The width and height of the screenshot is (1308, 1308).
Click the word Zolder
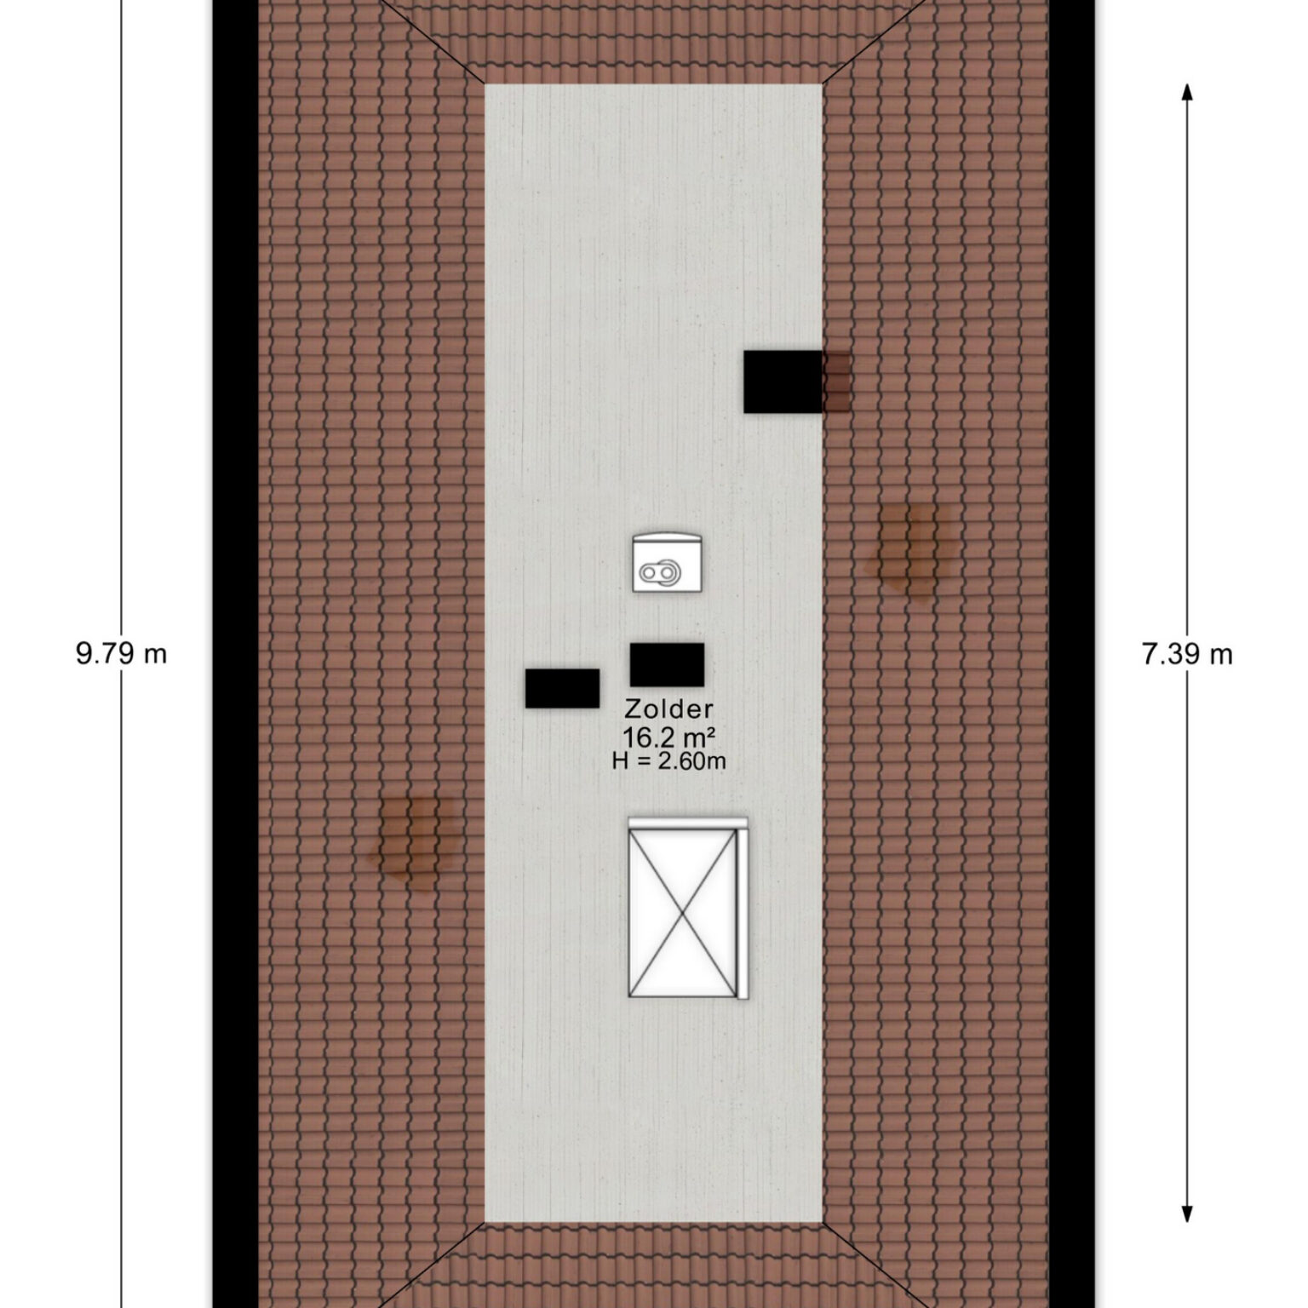(x=668, y=708)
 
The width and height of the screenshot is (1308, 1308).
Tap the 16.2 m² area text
(x=668, y=736)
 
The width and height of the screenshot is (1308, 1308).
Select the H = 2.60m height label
(x=668, y=760)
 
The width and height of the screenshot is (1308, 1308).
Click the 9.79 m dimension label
(x=121, y=654)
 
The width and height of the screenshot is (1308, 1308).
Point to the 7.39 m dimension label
(x=1187, y=654)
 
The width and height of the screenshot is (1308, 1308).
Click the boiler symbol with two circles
(x=667, y=563)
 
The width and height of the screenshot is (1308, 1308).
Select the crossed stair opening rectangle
(x=683, y=912)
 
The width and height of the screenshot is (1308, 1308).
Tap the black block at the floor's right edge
(x=783, y=381)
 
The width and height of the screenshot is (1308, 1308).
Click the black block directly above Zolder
(x=667, y=665)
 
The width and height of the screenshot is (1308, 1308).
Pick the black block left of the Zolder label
(x=562, y=688)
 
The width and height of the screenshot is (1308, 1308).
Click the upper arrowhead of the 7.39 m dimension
(x=1187, y=92)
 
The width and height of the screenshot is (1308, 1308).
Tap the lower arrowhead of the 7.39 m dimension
(x=1187, y=1213)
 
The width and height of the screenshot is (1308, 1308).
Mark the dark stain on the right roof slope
(x=909, y=549)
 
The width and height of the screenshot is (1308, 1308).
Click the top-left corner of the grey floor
(x=485, y=84)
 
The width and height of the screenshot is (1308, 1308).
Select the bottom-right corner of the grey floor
(x=822, y=1222)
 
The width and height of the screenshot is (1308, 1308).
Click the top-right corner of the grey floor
(x=822, y=84)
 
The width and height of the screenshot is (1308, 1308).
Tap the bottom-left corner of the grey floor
(x=485, y=1222)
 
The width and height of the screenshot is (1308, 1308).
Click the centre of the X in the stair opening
(x=683, y=912)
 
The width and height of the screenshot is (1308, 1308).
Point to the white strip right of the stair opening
(x=743, y=909)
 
